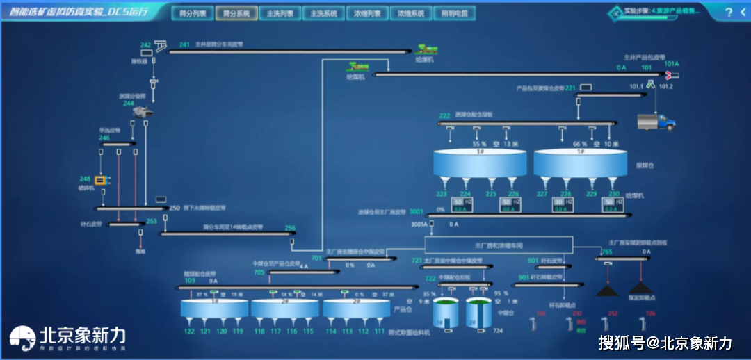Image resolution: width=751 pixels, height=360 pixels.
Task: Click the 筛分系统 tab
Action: [236, 13]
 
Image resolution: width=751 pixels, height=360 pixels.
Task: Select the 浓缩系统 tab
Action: [411, 13]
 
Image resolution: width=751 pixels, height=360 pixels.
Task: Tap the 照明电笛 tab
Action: [455, 13]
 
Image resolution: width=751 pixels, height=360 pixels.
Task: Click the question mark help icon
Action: [728, 12]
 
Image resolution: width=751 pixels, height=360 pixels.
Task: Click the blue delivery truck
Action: [656, 122]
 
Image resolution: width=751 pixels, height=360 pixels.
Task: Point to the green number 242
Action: [146, 45]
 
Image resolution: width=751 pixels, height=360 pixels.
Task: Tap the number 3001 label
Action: [416, 211]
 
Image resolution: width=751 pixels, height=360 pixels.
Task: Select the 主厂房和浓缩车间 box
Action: [498, 245]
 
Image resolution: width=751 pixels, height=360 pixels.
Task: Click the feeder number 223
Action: [442, 195]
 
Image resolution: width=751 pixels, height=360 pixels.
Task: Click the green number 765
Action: [607, 252]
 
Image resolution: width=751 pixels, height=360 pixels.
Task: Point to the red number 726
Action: [650, 313]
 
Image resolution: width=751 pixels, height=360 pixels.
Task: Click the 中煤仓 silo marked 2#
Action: [478, 314]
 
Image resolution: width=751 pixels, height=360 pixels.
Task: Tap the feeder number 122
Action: [189, 332]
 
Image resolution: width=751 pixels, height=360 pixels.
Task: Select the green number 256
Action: [290, 228]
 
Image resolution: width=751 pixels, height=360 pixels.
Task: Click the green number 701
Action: [316, 259]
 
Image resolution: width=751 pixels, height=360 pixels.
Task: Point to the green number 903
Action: [524, 277]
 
